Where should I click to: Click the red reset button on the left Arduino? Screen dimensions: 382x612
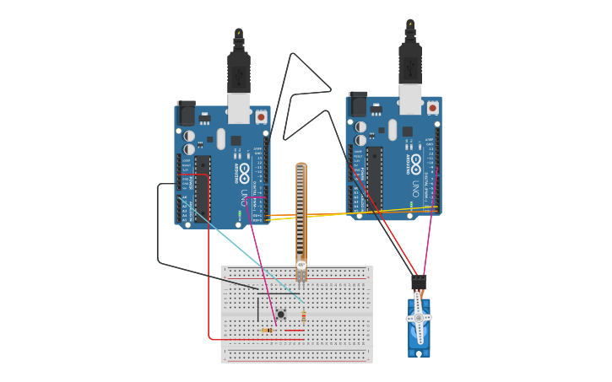point(261,117)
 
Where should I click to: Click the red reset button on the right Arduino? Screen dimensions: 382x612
point(433,108)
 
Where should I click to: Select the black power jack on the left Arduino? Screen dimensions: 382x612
point(186,113)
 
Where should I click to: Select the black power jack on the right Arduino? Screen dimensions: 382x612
point(358,104)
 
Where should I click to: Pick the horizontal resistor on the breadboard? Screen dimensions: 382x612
point(268,330)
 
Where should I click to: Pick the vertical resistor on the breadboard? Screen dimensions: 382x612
point(303,318)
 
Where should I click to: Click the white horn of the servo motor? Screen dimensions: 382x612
point(419,318)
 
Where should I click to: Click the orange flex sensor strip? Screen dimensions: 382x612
point(301,211)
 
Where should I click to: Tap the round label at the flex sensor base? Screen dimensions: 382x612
point(301,265)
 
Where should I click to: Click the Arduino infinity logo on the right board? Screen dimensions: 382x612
point(416,165)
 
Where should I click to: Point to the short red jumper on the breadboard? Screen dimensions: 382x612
point(294,331)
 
